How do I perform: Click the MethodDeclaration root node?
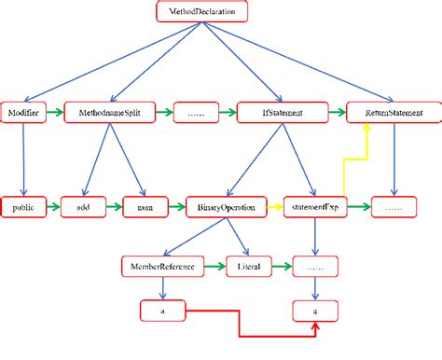(x=201, y=12)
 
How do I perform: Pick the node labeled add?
(x=80, y=207)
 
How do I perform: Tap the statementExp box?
(x=315, y=207)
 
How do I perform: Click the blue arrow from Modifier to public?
(x=22, y=159)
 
